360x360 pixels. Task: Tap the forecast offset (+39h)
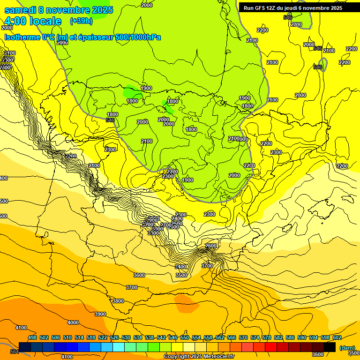pyautogui.click(x=81, y=21)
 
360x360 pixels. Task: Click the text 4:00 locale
pyautogui.click(x=33, y=21)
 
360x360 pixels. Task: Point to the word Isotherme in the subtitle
pyautogui.click(x=22, y=37)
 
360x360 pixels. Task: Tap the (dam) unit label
pyautogui.click(x=347, y=348)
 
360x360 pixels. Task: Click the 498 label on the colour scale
pyautogui.click(x=32, y=337)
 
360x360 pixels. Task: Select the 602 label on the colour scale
pyautogui.click(x=337, y=337)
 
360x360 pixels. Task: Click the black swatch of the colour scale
pyautogui.click(x=330, y=347)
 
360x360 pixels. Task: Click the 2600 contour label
pyautogui.click(x=211, y=246)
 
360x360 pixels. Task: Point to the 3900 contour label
pyautogui.click(x=100, y=314)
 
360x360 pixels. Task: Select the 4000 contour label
pyautogui.click(x=73, y=322)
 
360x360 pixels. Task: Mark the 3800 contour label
pyautogui.click(x=118, y=301)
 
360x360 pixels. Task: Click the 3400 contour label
pyautogui.click(x=180, y=267)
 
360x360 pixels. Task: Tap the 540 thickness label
pyautogui.click(x=288, y=17)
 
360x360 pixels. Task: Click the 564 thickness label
pyautogui.click(x=15, y=352)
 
